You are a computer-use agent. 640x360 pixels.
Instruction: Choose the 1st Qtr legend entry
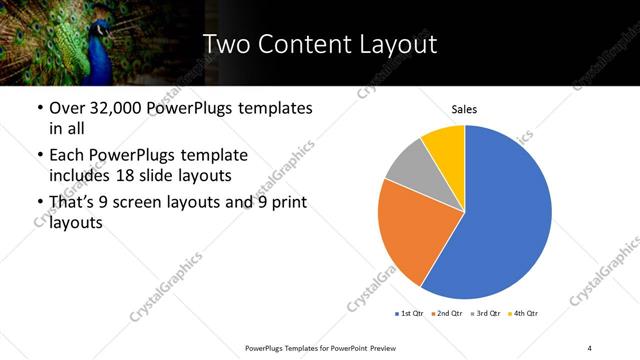coord(410,314)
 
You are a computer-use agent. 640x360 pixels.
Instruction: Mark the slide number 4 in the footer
coord(590,346)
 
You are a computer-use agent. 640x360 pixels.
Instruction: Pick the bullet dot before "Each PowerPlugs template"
coord(39,156)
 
